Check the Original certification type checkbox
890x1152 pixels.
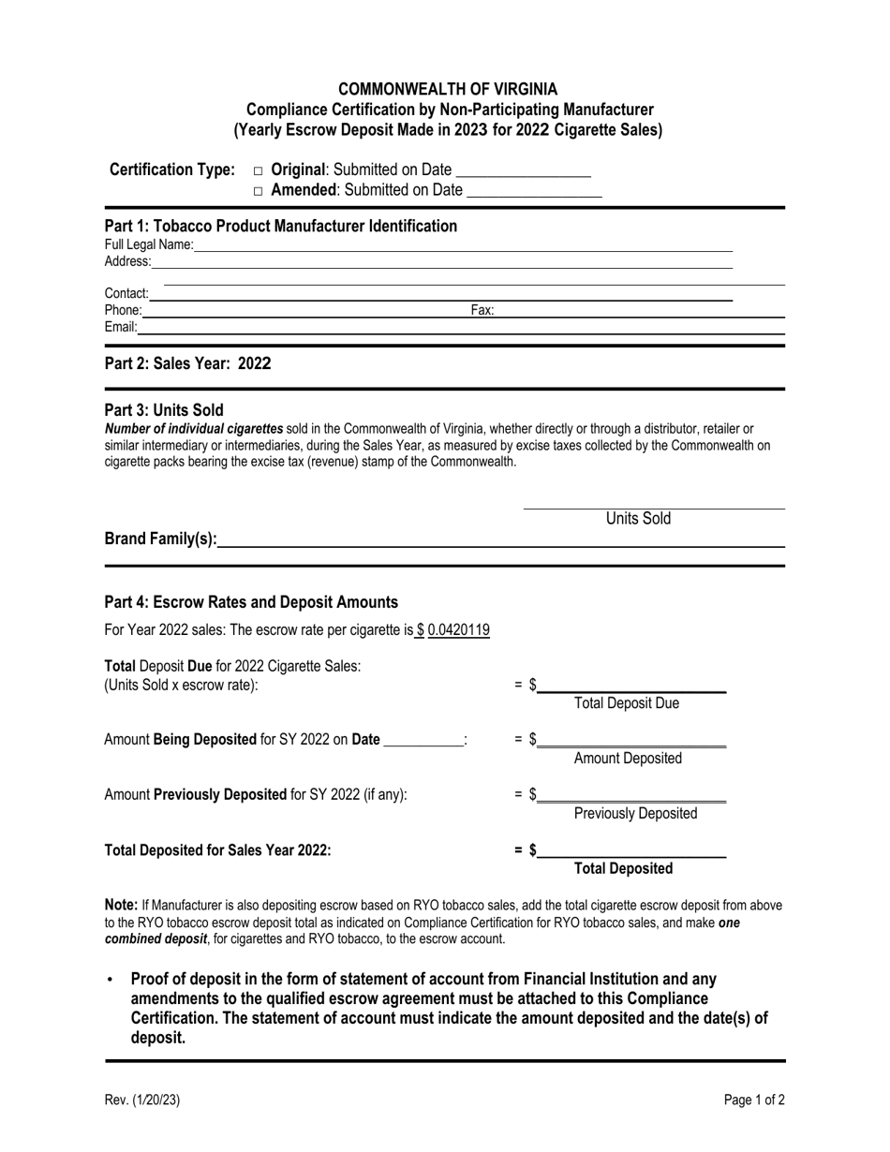coord(258,171)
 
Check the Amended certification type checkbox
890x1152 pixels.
coord(258,191)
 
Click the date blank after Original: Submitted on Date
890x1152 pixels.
coord(523,170)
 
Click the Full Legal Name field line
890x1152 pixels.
coord(463,245)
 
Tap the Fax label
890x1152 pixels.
coord(482,310)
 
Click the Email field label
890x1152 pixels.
coord(120,327)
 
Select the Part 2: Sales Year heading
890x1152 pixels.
coord(187,363)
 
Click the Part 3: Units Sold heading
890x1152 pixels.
coord(164,410)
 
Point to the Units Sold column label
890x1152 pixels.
coord(638,519)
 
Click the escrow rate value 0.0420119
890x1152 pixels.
coord(458,630)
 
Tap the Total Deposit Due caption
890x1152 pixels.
coord(626,703)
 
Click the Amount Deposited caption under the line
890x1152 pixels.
coord(627,759)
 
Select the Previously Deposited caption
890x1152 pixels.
coord(634,814)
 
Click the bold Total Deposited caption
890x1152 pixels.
coord(622,869)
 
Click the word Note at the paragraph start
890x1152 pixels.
coord(121,906)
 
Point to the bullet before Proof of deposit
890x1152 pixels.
coord(111,980)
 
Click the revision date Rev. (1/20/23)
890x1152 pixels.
coord(141,1100)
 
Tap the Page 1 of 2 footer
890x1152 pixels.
coord(754,1100)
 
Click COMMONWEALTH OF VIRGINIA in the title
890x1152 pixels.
coord(447,89)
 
